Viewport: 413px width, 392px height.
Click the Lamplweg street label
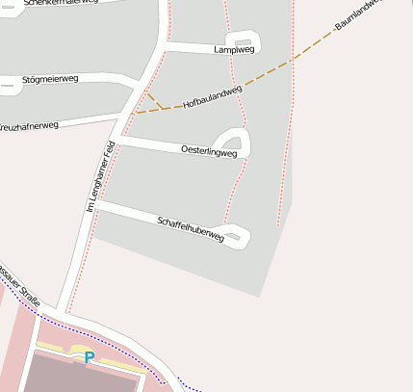point(234,49)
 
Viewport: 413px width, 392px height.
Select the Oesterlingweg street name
point(209,150)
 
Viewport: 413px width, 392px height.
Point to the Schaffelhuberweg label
point(190,228)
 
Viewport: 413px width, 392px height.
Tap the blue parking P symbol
point(90,357)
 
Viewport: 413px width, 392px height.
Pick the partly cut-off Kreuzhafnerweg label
point(29,126)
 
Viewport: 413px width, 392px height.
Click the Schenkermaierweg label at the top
point(63,3)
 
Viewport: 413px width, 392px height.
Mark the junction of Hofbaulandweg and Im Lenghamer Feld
point(129,114)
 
